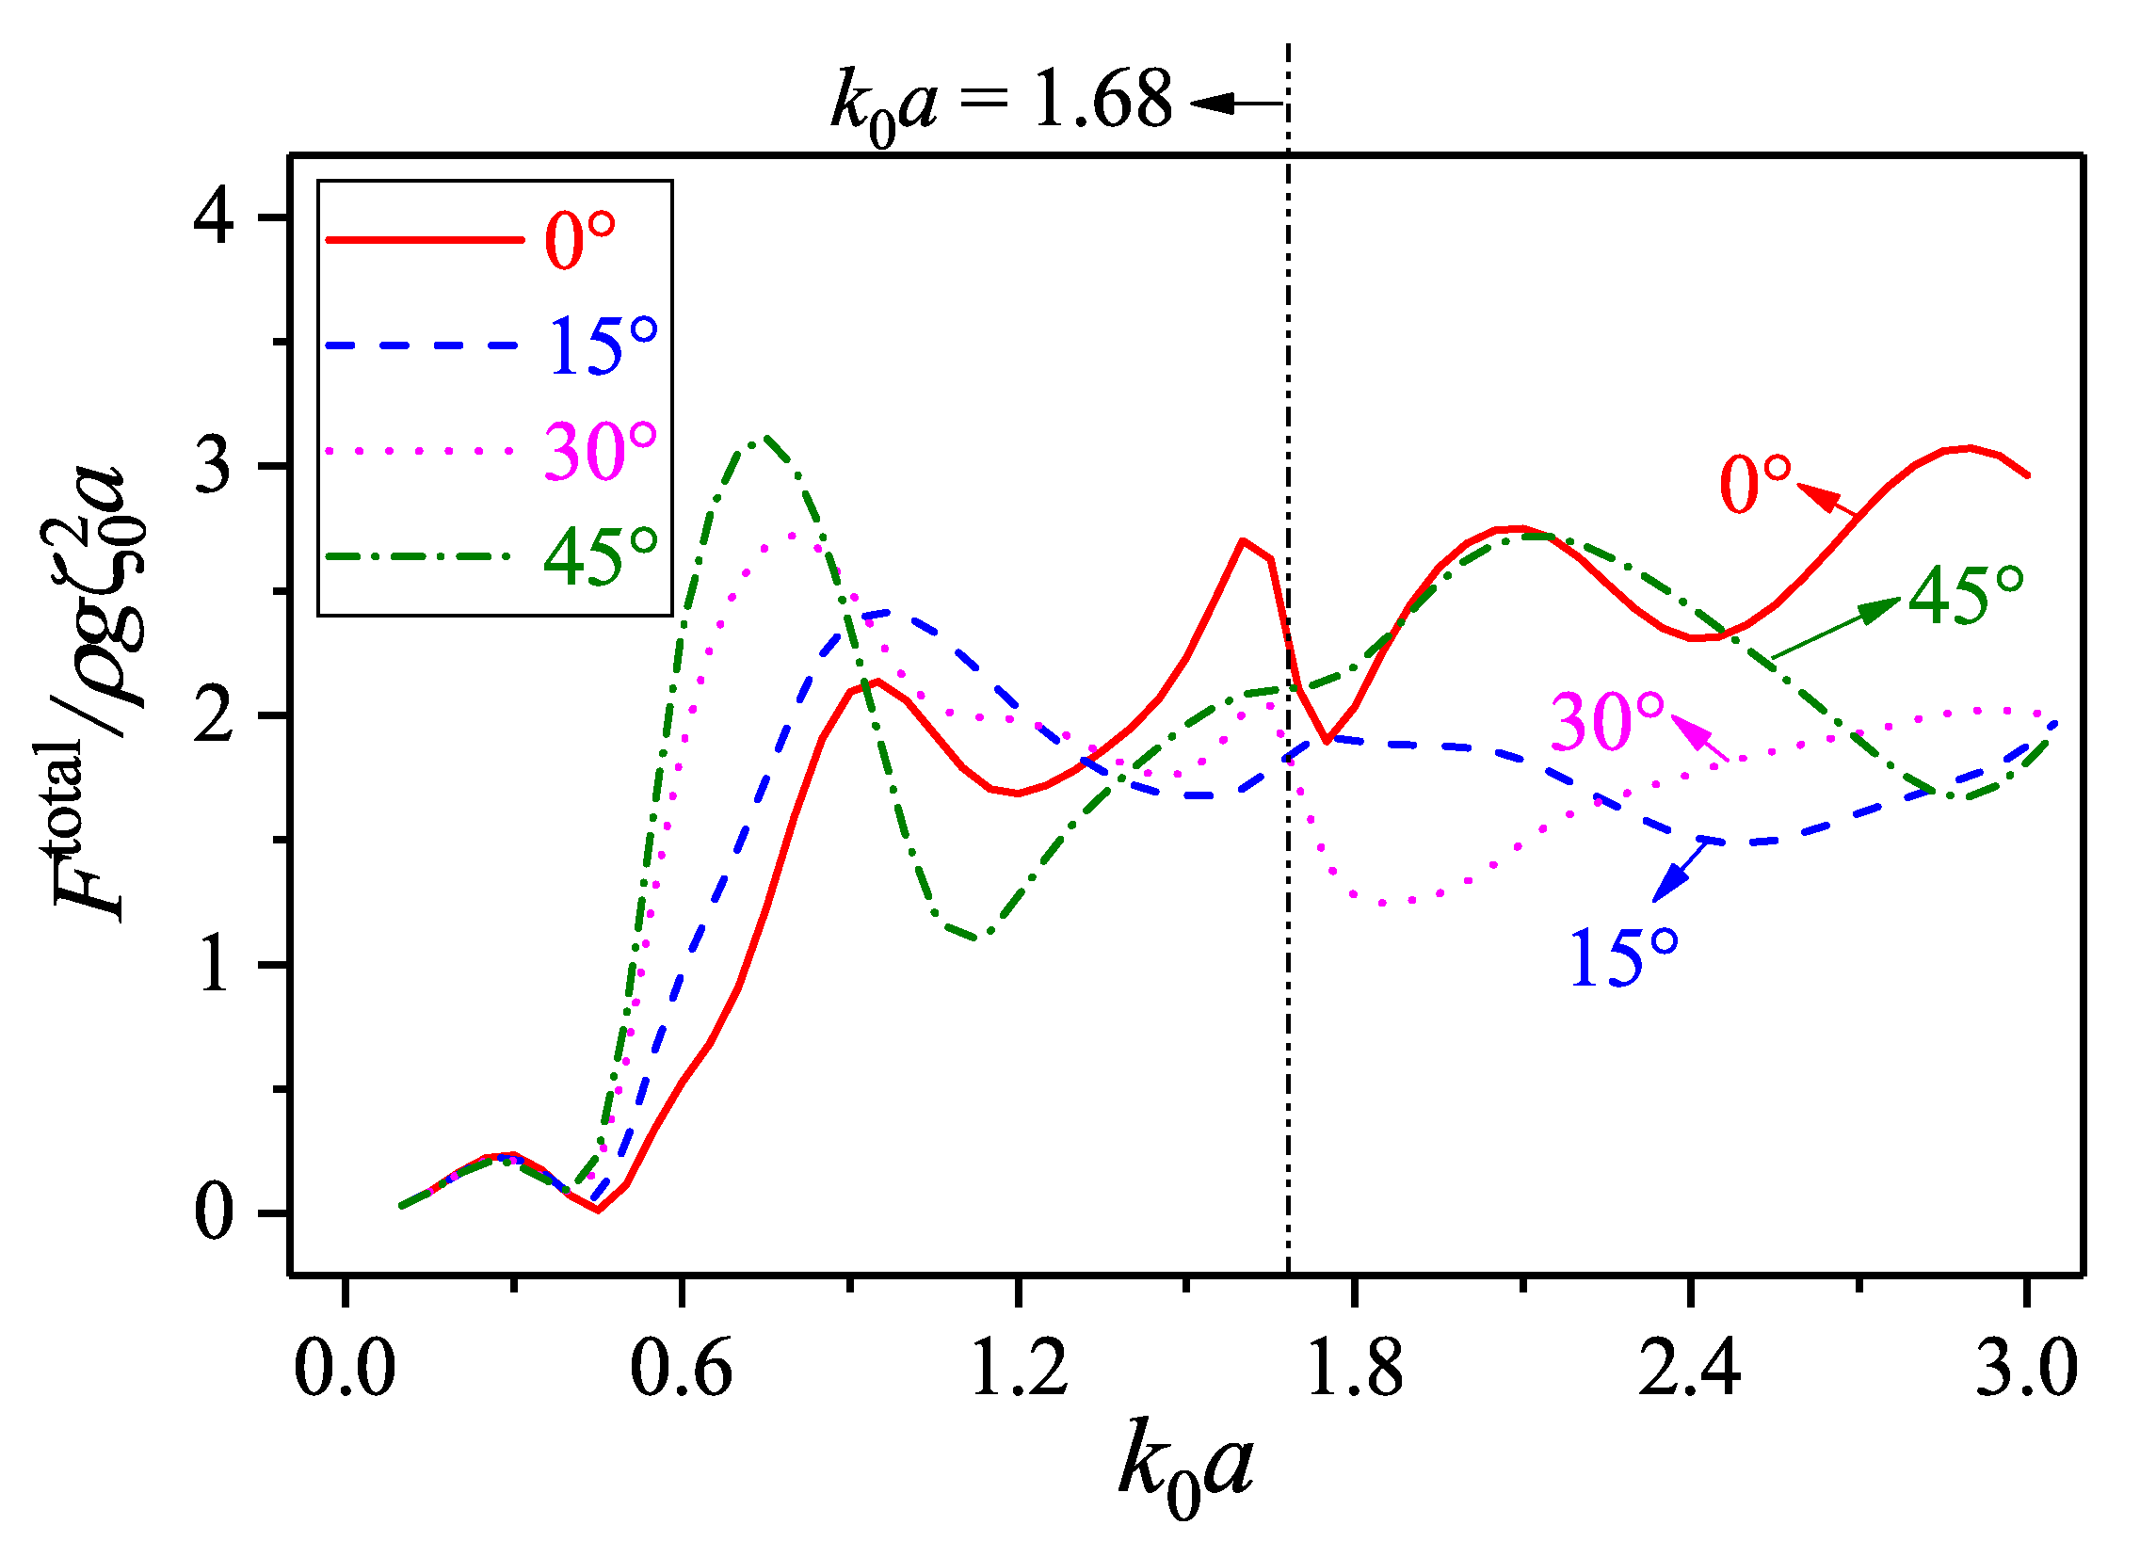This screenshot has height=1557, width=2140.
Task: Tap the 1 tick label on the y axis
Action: pyautogui.click(x=216, y=965)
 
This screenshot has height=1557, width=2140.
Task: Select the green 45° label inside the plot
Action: pyautogui.click(x=1966, y=597)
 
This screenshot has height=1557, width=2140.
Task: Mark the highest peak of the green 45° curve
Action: pyautogui.click(x=765, y=438)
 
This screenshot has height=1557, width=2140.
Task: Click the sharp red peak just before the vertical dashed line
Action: pyautogui.click(x=1244, y=540)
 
